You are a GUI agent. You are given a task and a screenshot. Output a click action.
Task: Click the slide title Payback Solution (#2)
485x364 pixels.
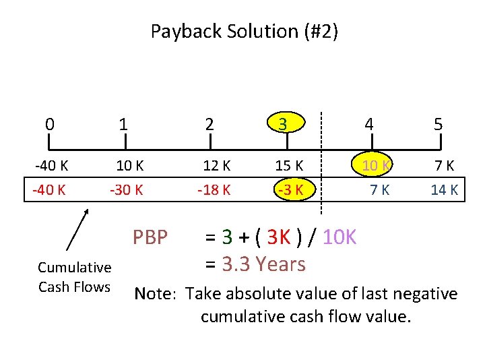pos(244,31)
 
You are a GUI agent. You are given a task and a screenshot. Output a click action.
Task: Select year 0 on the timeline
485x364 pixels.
pos(49,124)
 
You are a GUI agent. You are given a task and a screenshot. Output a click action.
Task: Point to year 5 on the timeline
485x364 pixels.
pos(438,124)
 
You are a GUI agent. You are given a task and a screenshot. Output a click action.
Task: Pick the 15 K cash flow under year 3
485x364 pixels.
pos(290,165)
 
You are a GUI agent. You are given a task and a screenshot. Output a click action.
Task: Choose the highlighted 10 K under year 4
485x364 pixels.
pos(375,165)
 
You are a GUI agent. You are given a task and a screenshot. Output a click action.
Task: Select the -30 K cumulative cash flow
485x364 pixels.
pos(127,189)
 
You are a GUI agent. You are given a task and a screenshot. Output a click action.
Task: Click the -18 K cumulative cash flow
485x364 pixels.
pos(214,189)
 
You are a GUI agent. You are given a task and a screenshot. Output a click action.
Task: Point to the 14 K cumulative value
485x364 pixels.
pos(445,189)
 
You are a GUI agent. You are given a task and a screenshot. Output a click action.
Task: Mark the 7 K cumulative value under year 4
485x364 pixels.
pos(379,189)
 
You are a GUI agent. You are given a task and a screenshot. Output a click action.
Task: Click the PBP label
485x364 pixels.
pos(150,237)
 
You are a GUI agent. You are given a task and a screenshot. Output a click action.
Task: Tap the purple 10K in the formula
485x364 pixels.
pos(339,237)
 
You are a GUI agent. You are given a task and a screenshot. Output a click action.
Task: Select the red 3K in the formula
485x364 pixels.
pos(278,237)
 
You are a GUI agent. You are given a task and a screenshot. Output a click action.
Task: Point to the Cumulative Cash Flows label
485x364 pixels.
pos(74,278)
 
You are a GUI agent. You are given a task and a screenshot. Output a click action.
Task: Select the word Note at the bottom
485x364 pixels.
pos(156,294)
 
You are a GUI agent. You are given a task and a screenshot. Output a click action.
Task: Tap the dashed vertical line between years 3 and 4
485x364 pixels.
pos(321,162)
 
